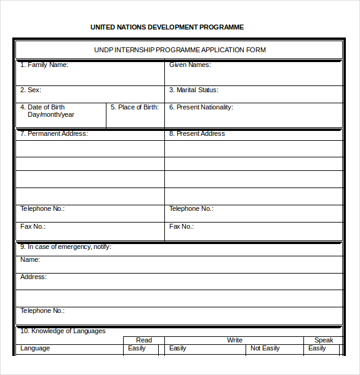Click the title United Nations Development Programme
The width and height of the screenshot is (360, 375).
pyautogui.click(x=167, y=27)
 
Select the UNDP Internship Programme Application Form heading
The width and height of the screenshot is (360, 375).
pyautogui.click(x=180, y=50)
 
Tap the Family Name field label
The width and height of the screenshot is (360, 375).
pyautogui.click(x=44, y=65)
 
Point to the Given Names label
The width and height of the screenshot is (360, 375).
pyautogui.click(x=190, y=65)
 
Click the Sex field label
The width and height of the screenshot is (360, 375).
pyautogui.click(x=31, y=90)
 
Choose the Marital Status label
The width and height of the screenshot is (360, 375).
pyautogui.click(x=193, y=90)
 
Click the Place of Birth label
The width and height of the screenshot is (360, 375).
pyautogui.click(x=134, y=107)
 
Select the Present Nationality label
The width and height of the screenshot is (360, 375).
pyautogui.click(x=201, y=107)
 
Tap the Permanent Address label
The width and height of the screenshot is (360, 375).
pyautogui.click(x=54, y=133)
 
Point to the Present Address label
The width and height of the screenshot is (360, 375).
pyautogui.click(x=197, y=133)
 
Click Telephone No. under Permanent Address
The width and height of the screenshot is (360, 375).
pyautogui.click(x=42, y=208)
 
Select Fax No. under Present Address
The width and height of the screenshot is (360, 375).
pyautogui.click(x=182, y=226)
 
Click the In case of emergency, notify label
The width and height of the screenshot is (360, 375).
pyautogui.click(x=66, y=247)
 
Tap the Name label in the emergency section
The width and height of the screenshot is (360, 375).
pyautogui.click(x=30, y=259)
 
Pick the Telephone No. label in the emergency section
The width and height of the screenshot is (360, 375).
pyautogui.click(x=42, y=310)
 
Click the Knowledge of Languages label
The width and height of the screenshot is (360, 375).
pyautogui.click(x=63, y=331)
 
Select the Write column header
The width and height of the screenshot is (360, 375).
pyautogui.click(x=234, y=340)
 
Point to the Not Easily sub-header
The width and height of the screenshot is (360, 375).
pyautogui.click(x=265, y=348)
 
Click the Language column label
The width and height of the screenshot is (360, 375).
pyautogui.click(x=35, y=348)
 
